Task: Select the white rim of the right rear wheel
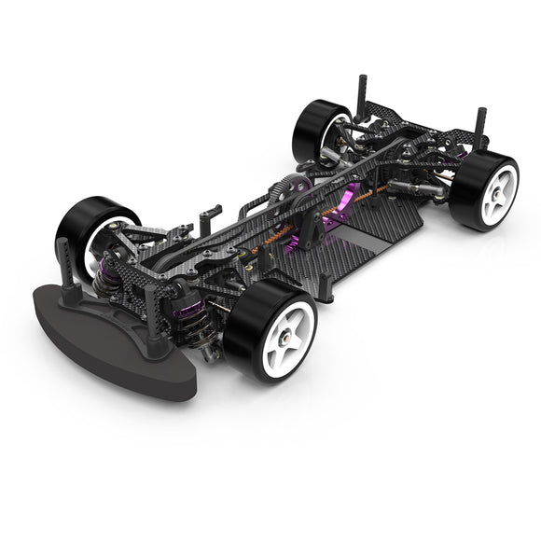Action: tap(494, 191)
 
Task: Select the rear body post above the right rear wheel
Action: tap(481, 126)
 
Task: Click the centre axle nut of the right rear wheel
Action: tap(495, 192)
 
